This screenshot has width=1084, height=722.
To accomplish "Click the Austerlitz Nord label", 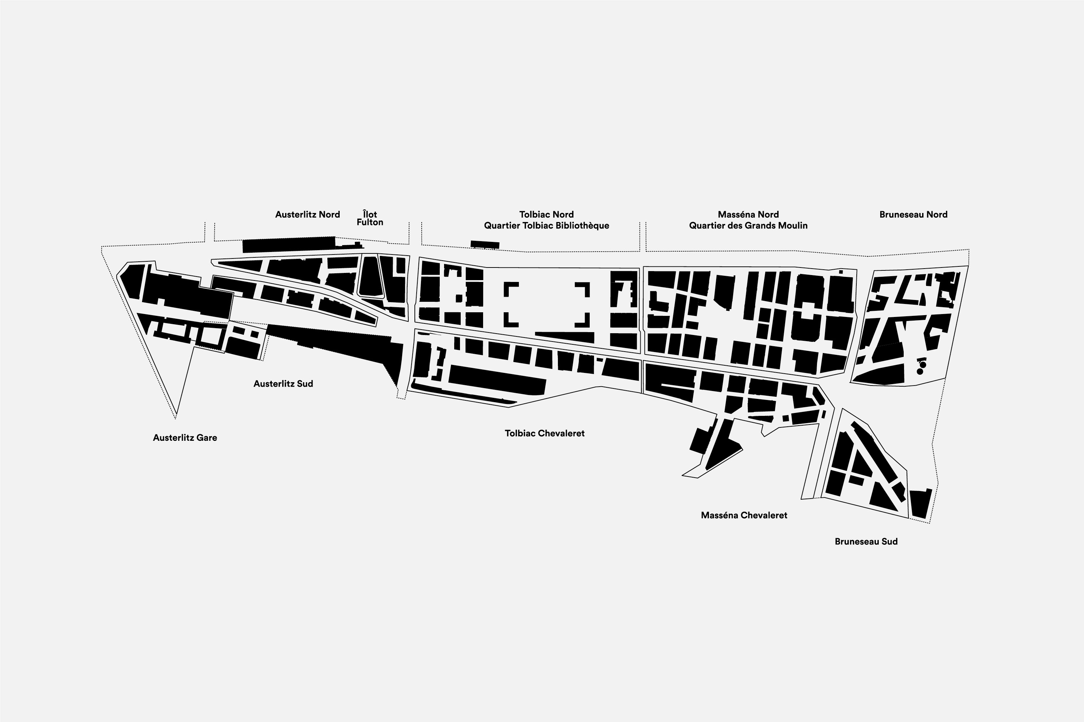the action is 307,214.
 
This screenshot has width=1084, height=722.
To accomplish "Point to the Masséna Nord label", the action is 748,214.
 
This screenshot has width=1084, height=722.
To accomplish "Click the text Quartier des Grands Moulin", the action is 748,226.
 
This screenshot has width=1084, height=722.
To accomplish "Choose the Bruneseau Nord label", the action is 913,214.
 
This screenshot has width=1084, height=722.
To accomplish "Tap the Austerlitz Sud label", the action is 283,383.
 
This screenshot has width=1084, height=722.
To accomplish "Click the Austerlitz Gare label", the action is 185,438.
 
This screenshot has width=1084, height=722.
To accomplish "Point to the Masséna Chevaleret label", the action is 744,515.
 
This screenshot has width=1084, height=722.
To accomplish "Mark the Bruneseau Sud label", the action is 866,541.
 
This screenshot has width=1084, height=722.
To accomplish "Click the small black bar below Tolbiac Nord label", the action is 485,244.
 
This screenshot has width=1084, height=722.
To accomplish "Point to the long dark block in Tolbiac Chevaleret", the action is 497,380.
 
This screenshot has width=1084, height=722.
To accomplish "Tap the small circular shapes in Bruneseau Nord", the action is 922,367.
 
